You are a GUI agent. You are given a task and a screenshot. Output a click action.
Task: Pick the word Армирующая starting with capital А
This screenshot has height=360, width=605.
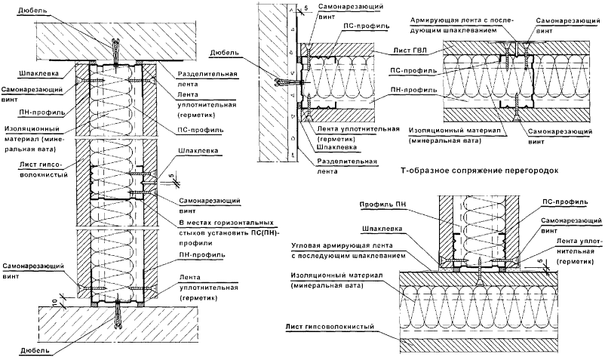pyautogui.click(x=436, y=18)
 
